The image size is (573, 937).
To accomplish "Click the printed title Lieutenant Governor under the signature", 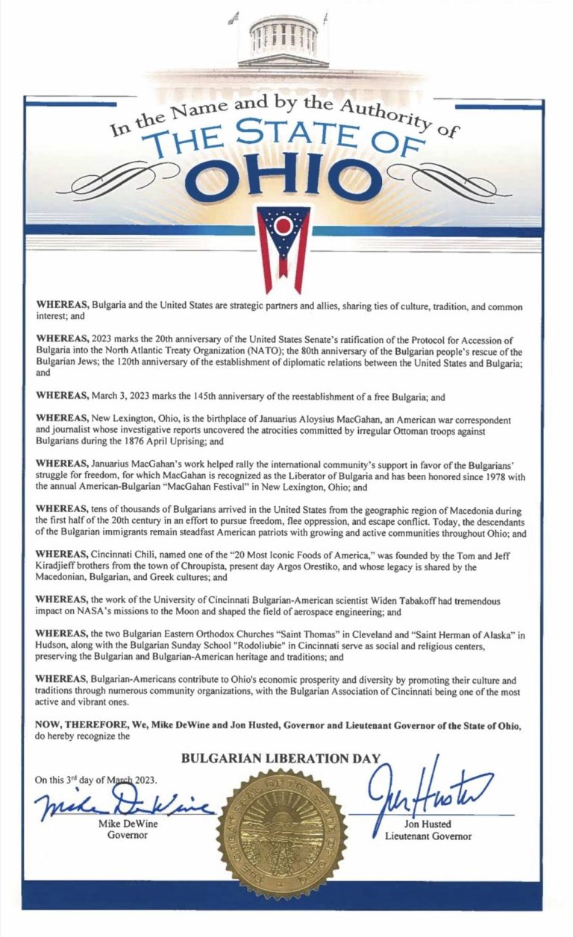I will point(428,836).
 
